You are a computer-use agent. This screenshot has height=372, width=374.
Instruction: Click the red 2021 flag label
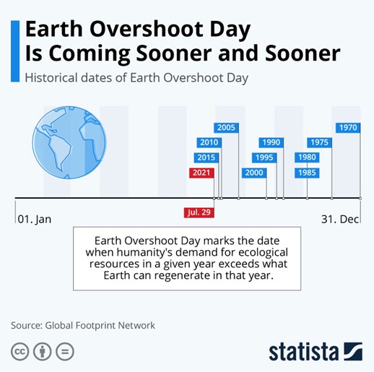[201, 173]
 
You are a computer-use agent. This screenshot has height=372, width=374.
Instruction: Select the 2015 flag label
[206, 157]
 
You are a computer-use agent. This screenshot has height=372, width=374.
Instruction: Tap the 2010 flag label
[209, 142]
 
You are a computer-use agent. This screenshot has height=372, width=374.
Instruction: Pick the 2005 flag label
[226, 127]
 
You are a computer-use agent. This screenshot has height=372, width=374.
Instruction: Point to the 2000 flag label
[254, 173]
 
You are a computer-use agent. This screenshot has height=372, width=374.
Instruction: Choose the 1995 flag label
[264, 157]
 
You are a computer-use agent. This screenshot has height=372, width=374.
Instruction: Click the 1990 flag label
[271, 142]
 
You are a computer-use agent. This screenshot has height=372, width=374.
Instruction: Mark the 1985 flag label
[307, 173]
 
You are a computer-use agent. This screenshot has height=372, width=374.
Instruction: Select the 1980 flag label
[307, 157]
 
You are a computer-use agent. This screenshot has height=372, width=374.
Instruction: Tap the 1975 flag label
[319, 142]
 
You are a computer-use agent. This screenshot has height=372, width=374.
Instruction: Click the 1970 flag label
[348, 127]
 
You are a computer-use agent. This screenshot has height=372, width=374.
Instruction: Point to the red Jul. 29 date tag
[199, 212]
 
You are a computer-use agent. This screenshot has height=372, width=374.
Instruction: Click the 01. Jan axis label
[35, 220]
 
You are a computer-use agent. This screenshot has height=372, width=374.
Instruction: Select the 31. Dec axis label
[340, 220]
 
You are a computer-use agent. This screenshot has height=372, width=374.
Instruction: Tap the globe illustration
[69, 142]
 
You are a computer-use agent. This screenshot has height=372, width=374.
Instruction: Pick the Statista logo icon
[353, 351]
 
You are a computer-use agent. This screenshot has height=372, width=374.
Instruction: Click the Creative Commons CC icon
[19, 352]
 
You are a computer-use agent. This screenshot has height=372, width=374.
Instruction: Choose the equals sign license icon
[65, 352]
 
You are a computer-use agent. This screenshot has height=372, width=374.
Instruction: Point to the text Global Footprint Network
[100, 326]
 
